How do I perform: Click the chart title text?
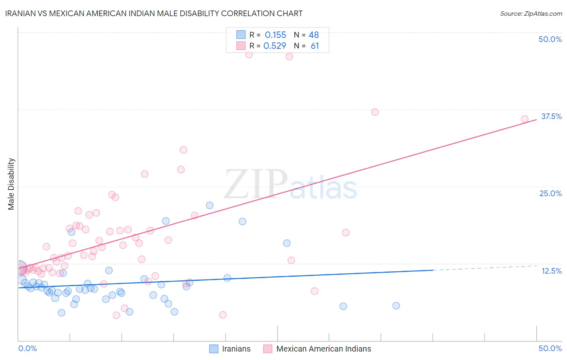(154, 13)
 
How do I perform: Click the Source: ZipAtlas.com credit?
(531, 13)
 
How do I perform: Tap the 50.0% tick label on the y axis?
(550, 39)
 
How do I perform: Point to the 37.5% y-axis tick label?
(551, 116)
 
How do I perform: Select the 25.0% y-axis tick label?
(550, 193)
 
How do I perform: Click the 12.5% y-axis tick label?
(551, 271)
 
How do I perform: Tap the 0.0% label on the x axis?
(27, 348)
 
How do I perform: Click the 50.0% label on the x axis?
(550, 348)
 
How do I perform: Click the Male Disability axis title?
(11, 184)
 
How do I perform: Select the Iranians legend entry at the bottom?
(236, 349)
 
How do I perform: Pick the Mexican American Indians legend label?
(323, 349)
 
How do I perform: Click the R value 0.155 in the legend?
(275, 35)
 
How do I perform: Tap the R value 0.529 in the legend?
(275, 46)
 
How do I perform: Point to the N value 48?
(314, 35)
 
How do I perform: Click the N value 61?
(315, 46)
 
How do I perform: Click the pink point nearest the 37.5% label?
(525, 119)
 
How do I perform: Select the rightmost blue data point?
(396, 306)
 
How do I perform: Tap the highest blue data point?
(210, 205)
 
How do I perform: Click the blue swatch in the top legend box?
(241, 35)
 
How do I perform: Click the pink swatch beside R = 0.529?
(241, 46)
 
